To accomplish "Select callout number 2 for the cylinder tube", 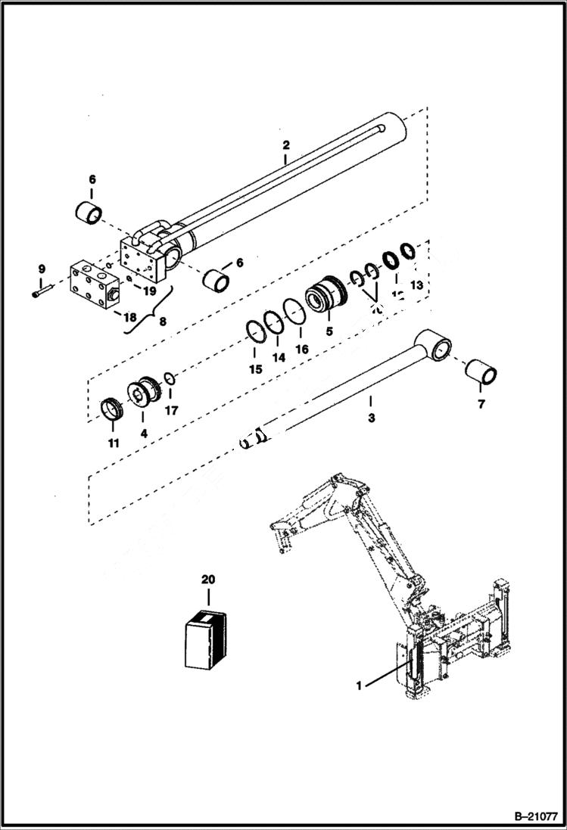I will point(285,145).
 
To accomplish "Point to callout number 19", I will point(150,290).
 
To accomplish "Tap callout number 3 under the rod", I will point(370,417).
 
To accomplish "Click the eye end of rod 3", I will point(434,347).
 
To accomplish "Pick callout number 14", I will point(279,358).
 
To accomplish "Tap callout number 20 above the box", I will point(207,580).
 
